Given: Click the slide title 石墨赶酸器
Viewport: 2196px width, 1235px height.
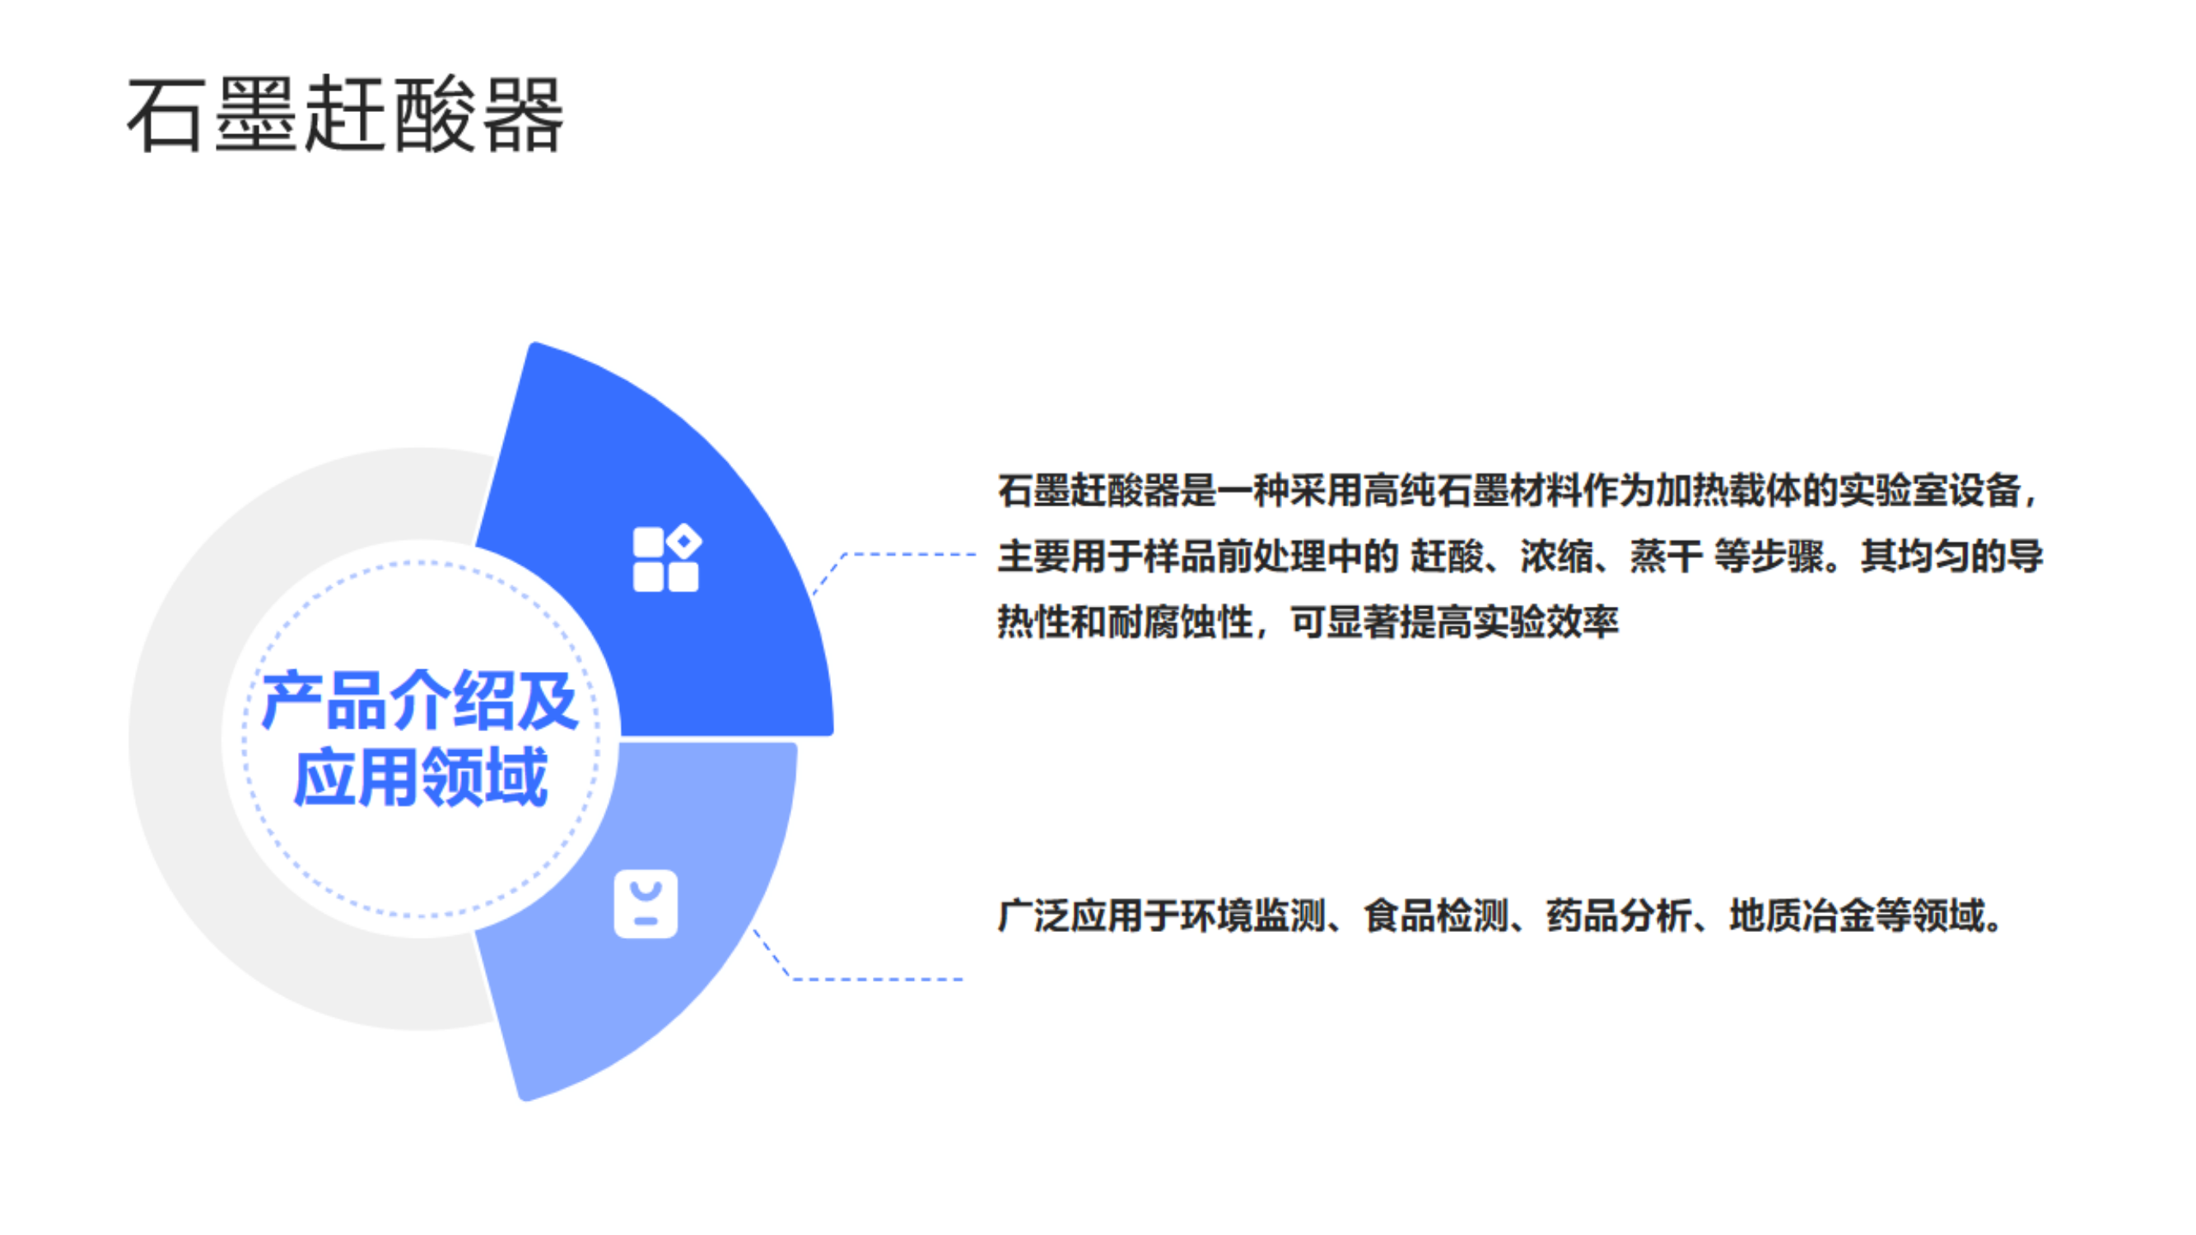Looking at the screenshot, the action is pos(345,114).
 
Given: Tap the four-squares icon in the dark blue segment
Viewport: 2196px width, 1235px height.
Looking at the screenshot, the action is pos(667,558).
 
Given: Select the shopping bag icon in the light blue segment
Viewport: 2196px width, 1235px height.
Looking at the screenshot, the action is pos(646,903).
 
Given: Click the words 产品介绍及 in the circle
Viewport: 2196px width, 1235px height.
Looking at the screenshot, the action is pos(419,701).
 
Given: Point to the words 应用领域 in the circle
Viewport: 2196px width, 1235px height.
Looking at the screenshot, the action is pos(419,776).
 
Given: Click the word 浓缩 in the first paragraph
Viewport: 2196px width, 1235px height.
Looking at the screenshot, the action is pos(1557,557).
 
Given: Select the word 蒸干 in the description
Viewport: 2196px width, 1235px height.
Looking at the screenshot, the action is pos(1666,557).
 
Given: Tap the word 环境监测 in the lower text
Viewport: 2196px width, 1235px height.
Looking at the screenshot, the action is pos(1253,916).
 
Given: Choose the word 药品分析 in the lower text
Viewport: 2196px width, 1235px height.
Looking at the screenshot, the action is pos(1619,916).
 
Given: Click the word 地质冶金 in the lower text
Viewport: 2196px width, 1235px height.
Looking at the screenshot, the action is pos(1802,916).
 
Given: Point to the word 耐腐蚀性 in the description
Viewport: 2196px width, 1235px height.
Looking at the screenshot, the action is pos(1180,622).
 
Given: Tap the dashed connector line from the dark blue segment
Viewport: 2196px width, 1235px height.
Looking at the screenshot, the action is pos(895,555).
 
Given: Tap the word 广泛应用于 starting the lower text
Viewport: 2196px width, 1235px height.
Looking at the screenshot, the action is pos(1089,916).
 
